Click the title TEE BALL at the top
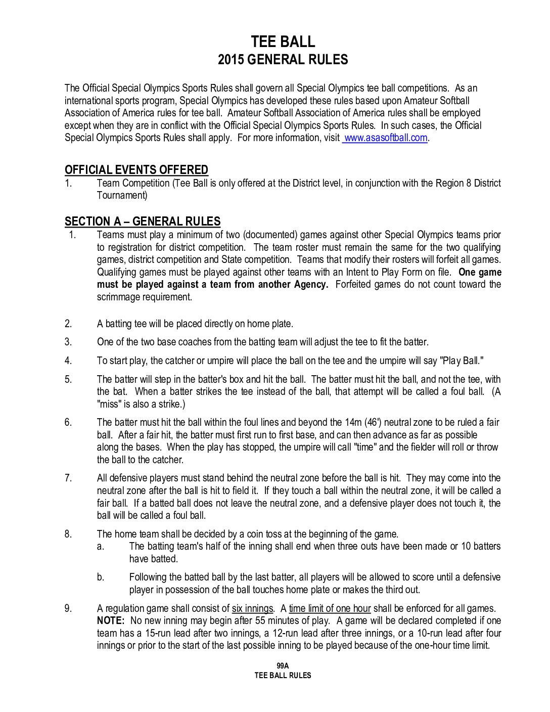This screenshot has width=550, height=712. click(283, 41)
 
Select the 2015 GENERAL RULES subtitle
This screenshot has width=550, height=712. click(283, 60)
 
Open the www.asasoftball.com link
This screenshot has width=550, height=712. click(385, 138)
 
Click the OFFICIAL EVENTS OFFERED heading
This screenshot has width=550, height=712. click(136, 170)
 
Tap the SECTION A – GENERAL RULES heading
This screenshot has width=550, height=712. click(143, 221)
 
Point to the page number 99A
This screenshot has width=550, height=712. click(283, 666)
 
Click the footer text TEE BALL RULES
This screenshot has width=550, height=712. click(283, 676)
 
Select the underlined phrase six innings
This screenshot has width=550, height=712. click(252, 608)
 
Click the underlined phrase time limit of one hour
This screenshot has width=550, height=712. click(330, 608)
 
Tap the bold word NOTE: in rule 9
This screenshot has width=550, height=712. click(111, 620)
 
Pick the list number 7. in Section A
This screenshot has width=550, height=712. click(68, 478)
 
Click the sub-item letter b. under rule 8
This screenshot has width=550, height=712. click(101, 577)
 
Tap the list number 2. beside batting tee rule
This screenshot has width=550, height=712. click(68, 324)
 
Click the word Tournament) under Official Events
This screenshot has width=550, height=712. click(122, 195)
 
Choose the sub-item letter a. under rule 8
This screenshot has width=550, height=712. click(101, 546)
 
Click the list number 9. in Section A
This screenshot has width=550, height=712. click(68, 608)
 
